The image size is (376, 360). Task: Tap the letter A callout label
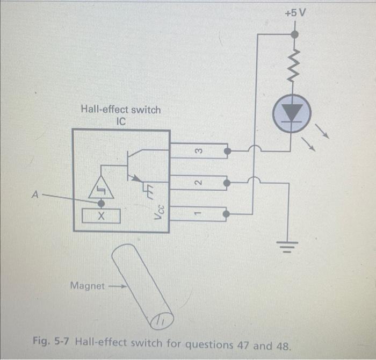[x=35, y=196]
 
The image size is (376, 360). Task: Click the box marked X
[x=101, y=217]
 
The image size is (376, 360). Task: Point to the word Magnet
[x=88, y=286]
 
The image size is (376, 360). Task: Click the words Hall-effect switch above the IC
[x=120, y=110]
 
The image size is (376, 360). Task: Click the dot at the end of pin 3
[x=228, y=151]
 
